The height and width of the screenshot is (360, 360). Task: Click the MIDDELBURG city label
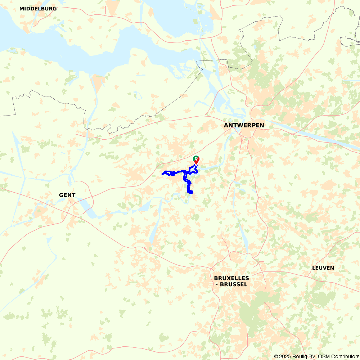(38, 9)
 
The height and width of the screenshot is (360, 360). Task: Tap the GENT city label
(67, 195)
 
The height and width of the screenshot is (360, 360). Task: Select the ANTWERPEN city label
(244, 125)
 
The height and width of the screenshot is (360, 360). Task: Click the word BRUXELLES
(231, 278)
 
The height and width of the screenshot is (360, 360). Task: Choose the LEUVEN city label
(323, 268)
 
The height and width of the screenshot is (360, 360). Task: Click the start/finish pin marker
(196, 159)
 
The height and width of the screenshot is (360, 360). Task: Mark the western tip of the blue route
(163, 174)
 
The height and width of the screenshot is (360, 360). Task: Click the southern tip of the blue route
(190, 193)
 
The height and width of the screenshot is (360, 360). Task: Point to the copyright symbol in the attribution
(276, 356)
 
